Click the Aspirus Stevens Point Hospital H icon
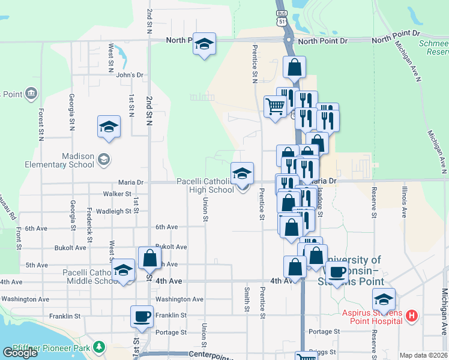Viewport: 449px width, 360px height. click(x=412, y=315)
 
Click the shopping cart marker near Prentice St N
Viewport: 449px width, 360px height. click(x=275, y=107)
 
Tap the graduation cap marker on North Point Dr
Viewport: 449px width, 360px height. click(x=205, y=44)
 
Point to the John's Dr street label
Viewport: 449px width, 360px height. click(x=130, y=76)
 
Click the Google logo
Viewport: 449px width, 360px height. click(x=20, y=353)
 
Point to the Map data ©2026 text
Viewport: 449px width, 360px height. click(x=423, y=355)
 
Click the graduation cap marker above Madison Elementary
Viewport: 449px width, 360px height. click(x=109, y=127)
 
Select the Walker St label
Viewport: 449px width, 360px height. click(x=117, y=194)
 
